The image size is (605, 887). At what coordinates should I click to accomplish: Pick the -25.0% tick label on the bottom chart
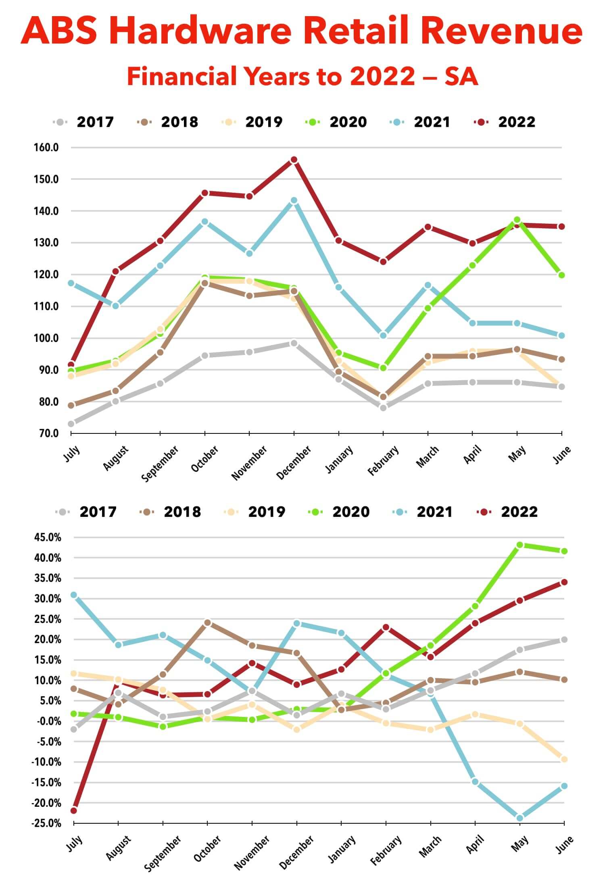pos(46,823)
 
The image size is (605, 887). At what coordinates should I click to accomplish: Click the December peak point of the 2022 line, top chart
pos(294,160)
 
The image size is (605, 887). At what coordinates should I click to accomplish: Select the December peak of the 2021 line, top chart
pos(294,200)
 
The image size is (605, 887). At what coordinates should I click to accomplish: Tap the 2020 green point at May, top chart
pos(517,220)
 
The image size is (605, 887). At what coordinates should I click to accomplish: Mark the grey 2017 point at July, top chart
pos(71,424)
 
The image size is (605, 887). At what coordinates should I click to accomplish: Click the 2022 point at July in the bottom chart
pos(74,810)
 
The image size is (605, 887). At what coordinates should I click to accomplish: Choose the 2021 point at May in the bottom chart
pos(519,818)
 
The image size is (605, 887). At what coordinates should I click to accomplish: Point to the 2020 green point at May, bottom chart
pos(519,545)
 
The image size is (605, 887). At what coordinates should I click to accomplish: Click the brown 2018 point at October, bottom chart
pos(207,623)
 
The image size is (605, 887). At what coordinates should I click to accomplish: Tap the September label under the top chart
pos(160,463)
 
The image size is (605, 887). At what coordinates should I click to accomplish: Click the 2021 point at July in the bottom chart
pos(74,595)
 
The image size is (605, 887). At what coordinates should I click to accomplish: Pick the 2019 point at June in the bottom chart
pos(564,759)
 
